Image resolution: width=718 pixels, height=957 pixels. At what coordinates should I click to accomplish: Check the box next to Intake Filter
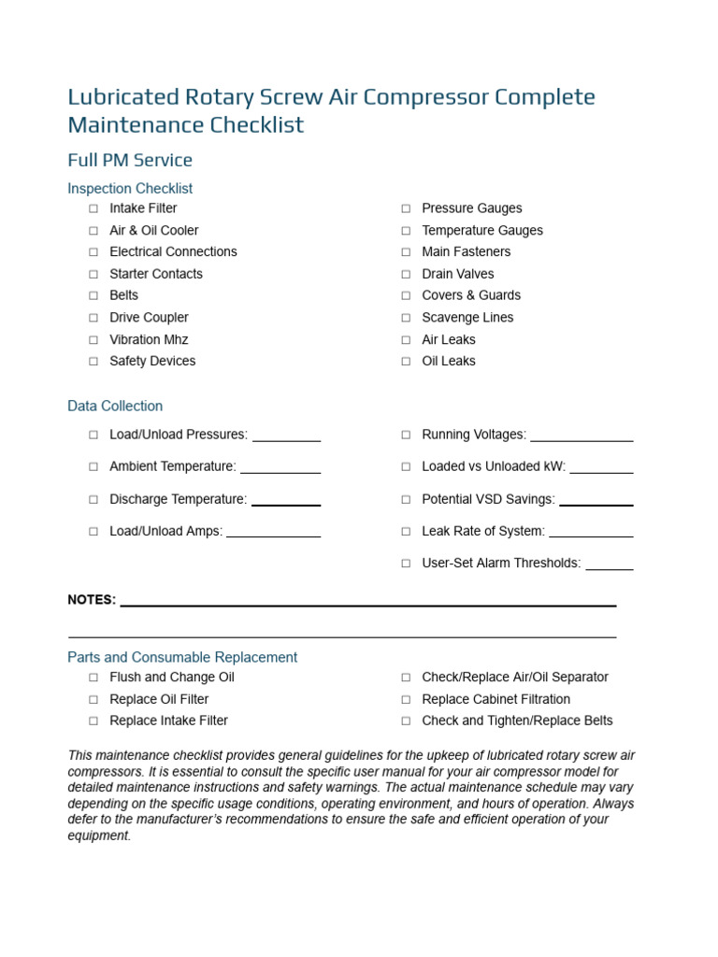click(x=93, y=208)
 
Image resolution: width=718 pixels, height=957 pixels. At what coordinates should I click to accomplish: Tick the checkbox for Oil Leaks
click(x=406, y=362)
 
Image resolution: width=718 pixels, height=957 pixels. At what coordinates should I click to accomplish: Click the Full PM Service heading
click(x=130, y=160)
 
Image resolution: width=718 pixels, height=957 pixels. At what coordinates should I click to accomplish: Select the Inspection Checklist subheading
click(x=130, y=189)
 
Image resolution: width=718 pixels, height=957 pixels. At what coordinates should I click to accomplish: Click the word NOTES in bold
click(x=92, y=600)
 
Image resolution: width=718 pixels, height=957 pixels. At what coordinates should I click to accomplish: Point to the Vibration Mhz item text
click(x=149, y=339)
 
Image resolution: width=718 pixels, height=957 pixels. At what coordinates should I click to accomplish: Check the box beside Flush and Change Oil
click(x=93, y=678)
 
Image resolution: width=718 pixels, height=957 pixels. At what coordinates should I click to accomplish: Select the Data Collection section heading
click(x=115, y=407)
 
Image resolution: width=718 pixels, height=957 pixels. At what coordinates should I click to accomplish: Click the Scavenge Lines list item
click(x=467, y=318)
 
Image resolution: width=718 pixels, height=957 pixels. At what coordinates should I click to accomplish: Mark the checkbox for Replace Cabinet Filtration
click(x=406, y=699)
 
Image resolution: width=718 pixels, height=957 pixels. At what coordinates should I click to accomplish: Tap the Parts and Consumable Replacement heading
click(x=182, y=658)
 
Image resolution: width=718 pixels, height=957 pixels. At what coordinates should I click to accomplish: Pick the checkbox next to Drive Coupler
click(x=93, y=318)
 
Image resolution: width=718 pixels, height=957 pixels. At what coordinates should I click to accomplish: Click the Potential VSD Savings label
click(x=488, y=500)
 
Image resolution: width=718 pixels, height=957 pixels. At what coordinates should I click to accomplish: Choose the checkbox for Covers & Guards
click(x=406, y=295)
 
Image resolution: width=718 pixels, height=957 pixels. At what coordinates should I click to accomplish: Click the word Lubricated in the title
click(x=122, y=97)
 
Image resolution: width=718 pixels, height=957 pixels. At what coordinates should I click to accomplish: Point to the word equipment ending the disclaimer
click(x=98, y=836)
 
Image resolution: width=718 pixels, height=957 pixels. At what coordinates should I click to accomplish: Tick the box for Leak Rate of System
click(x=406, y=532)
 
